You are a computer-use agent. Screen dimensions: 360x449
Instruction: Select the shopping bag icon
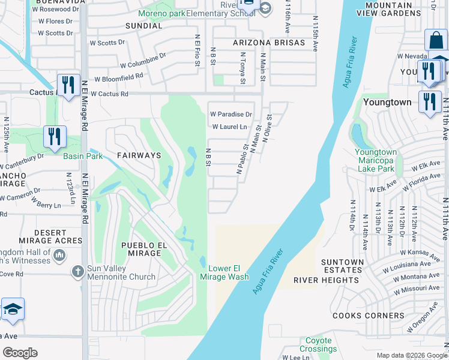coord(436,41)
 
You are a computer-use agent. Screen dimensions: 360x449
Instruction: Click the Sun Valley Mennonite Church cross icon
coord(77,272)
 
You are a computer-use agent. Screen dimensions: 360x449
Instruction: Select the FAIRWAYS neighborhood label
coord(139,155)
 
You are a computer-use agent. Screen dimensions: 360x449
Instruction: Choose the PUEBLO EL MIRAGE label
coord(141,249)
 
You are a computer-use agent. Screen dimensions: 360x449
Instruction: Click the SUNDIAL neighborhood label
coord(143,26)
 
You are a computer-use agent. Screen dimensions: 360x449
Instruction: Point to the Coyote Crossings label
coord(318,345)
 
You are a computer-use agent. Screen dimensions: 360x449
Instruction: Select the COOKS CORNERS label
coord(369,316)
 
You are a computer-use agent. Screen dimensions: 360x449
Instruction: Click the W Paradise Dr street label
coord(231,115)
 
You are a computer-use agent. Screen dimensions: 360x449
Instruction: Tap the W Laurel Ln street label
coord(229,127)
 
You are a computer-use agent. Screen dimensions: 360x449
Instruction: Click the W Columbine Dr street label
coord(142,61)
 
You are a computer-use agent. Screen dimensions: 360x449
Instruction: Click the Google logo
coord(20,353)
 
